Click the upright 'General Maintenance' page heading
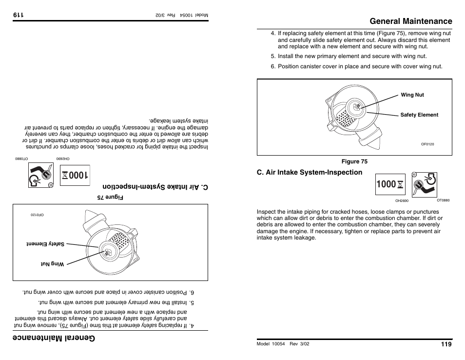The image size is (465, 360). (x=410, y=21)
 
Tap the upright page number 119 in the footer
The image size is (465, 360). (x=446, y=344)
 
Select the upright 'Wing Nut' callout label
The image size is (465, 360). (x=412, y=95)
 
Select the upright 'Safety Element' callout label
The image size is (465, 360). (x=419, y=115)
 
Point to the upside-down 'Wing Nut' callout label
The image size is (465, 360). (x=52, y=264)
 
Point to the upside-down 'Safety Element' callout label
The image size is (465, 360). (x=45, y=244)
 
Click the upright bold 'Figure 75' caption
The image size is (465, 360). (x=354, y=161)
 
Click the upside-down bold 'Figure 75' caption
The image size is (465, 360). (x=111, y=198)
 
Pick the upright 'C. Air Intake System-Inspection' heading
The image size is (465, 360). (x=310, y=172)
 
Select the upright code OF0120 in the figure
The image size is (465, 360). (x=427, y=144)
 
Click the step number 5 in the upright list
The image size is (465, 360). (x=273, y=57)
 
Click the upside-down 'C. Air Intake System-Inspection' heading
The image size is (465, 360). (x=155, y=187)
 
